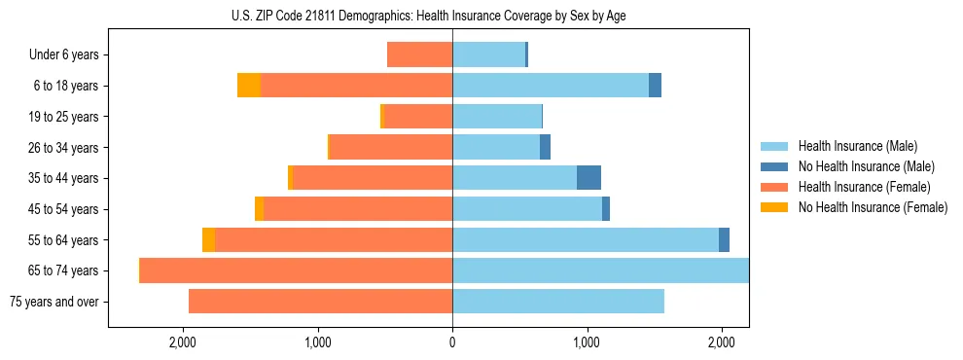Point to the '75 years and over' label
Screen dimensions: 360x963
tap(53, 302)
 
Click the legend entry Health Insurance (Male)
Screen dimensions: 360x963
tap(857, 146)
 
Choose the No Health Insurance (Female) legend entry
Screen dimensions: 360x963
tap(873, 207)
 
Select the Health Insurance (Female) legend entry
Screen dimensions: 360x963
tap(864, 187)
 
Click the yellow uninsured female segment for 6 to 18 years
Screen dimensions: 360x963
tap(249, 86)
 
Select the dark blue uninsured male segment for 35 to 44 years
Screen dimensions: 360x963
tap(588, 178)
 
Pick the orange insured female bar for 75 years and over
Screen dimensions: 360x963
tap(320, 302)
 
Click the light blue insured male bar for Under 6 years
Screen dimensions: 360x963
tap(488, 54)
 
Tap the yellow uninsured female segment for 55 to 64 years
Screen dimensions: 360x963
tap(208, 240)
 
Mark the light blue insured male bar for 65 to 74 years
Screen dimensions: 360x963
tap(600, 270)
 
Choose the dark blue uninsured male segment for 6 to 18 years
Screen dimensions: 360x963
tap(655, 86)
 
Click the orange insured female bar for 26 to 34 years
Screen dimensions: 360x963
tap(391, 147)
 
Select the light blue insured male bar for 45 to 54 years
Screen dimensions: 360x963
tap(527, 209)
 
